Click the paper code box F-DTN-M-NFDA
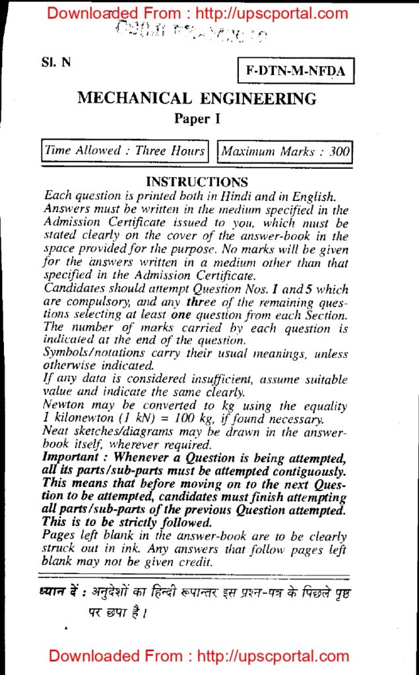coord(296,71)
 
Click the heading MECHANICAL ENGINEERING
coord(197,99)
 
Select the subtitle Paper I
coord(197,119)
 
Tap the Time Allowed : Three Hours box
coord(125,151)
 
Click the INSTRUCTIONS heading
coord(197,182)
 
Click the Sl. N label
coord(55,64)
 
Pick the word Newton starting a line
coord(63,405)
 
